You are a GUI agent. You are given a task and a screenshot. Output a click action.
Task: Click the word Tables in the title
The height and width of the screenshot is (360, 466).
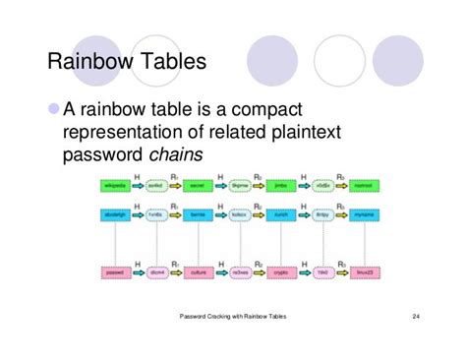(173, 62)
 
